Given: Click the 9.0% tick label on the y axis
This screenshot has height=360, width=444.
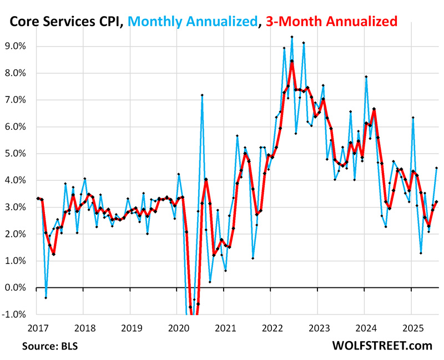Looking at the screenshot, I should click(16, 46).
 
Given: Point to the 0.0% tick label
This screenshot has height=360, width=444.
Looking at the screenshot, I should click(16, 287).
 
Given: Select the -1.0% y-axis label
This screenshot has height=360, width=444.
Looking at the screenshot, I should click(15, 314).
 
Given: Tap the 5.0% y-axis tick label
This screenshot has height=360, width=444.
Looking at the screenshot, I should click(16, 153).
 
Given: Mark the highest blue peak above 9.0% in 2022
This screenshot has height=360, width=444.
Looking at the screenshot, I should click(292, 37).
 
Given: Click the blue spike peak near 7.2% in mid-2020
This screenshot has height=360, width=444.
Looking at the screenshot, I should click(202, 95).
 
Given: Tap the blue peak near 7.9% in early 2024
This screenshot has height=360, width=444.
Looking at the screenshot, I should click(366, 77).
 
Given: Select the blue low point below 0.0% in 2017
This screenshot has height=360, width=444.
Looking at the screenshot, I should click(46, 298).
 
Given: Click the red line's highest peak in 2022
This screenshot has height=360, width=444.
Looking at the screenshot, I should click(292, 60).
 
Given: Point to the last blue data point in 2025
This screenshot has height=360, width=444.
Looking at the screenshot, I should click(437, 168).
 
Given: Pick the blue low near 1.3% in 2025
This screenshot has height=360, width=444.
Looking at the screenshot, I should click(421, 253).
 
